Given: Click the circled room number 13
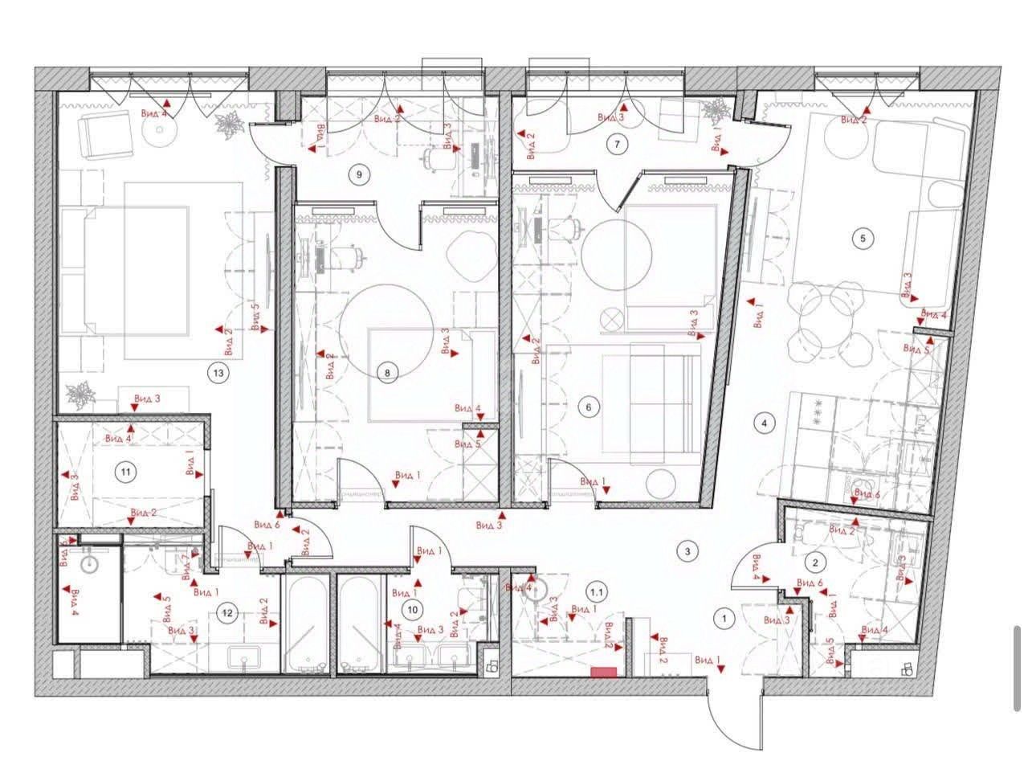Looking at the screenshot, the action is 216,372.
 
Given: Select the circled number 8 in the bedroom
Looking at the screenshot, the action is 387,372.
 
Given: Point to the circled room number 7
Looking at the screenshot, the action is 617,145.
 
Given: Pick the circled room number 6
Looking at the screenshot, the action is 589,407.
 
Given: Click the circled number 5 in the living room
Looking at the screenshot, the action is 863,238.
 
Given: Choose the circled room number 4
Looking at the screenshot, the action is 765,422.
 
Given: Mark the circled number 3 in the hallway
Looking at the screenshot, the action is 687,551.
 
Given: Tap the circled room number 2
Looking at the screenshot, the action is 815,562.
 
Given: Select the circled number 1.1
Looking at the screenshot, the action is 597,592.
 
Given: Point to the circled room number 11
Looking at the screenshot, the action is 124,472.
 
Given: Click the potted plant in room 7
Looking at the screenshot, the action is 714,112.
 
